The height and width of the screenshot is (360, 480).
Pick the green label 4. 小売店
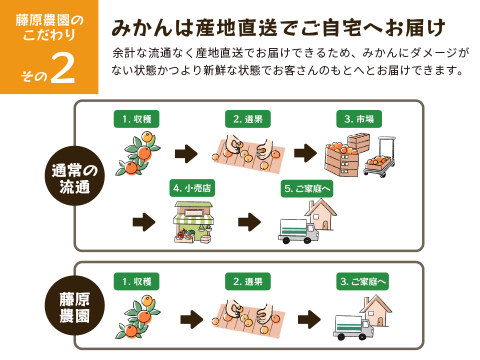point(193,187)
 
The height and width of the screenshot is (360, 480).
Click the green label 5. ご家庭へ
point(306,187)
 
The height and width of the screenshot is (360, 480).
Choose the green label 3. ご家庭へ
point(362,282)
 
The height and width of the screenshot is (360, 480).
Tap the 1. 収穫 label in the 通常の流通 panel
point(135,119)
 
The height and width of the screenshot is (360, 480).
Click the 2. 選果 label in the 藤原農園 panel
point(246,282)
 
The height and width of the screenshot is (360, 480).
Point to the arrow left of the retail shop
point(145,221)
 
